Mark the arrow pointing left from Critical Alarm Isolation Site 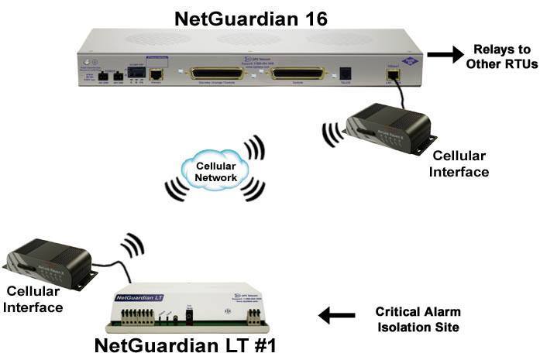(x=336, y=315)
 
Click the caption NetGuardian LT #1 (x=183, y=345)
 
